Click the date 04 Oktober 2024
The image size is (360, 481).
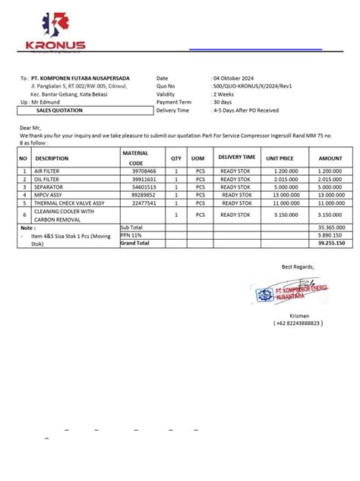[x=238, y=78]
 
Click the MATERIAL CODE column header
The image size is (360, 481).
[x=136, y=158]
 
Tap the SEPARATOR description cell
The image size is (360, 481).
[x=50, y=187]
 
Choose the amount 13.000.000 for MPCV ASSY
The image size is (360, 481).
[x=330, y=195]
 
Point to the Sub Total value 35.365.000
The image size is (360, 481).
[x=331, y=227]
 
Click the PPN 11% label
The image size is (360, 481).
[x=131, y=234]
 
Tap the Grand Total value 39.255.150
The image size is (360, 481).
[x=330, y=243]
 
